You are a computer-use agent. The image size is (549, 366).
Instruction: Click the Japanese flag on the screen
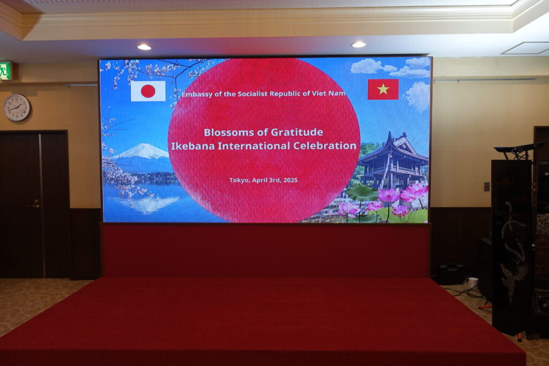[x=148, y=91]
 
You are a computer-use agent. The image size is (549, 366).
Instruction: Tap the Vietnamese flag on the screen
[x=383, y=89]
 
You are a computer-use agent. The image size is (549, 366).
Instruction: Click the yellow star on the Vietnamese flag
[x=383, y=89]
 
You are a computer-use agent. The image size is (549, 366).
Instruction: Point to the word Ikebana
[x=192, y=146]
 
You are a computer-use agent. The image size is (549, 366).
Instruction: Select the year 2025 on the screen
[x=290, y=180]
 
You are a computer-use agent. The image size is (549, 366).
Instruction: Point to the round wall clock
[x=17, y=107]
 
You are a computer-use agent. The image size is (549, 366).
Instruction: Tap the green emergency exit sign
[x=5, y=71]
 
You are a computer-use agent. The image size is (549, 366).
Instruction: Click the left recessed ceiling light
[x=144, y=47]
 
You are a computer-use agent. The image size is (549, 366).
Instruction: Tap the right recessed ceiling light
[x=359, y=44]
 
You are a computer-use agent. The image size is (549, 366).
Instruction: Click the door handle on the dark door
[x=34, y=205]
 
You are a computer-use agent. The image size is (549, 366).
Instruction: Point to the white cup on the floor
[x=473, y=282]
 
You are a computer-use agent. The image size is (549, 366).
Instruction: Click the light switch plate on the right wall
[x=487, y=186]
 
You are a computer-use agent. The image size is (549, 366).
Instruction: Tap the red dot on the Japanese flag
[x=148, y=91]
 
